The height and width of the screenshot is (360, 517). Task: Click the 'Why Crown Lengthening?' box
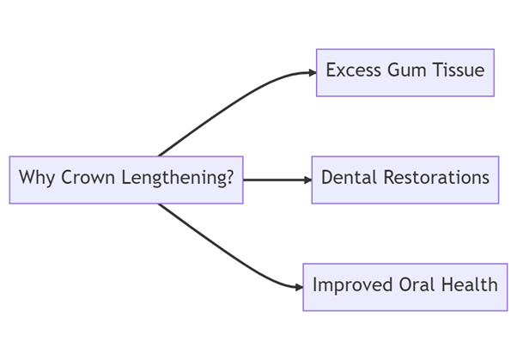(126, 180)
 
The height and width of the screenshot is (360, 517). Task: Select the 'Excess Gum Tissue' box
(405, 72)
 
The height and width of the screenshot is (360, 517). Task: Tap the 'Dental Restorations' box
(404, 180)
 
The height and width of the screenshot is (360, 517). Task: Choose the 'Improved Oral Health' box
(404, 286)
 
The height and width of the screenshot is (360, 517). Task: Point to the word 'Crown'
(83, 179)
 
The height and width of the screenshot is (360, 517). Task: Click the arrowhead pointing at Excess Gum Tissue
(312, 73)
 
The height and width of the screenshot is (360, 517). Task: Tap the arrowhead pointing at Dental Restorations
(307, 180)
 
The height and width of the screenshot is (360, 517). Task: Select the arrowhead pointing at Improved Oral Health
(298, 286)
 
